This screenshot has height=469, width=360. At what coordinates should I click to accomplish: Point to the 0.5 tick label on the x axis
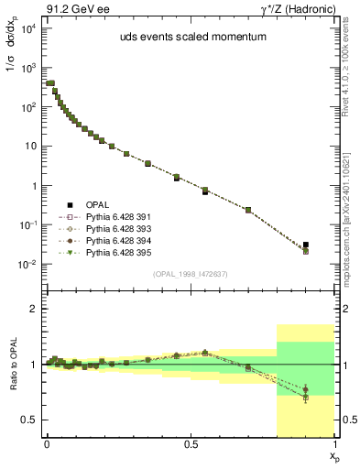coord(190,444)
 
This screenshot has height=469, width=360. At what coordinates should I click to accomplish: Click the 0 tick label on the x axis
coord(46,444)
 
